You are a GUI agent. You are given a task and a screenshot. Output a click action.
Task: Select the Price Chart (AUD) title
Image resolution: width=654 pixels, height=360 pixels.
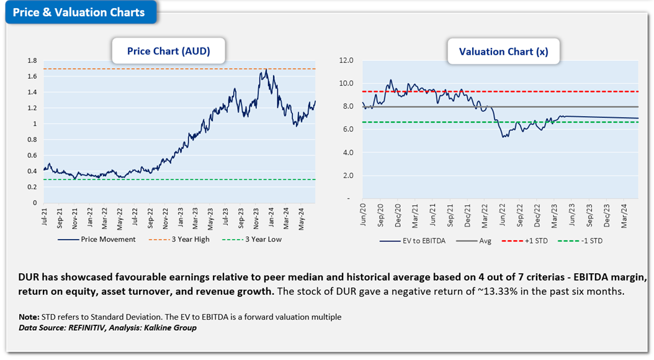coord(168,52)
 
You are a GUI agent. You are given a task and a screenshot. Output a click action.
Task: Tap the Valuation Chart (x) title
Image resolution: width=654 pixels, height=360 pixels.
coord(503,52)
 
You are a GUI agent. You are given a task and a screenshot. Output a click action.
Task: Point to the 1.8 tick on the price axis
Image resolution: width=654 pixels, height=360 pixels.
coord(32,61)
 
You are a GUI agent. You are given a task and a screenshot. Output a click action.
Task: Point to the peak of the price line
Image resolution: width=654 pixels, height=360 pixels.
coord(266,70)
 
